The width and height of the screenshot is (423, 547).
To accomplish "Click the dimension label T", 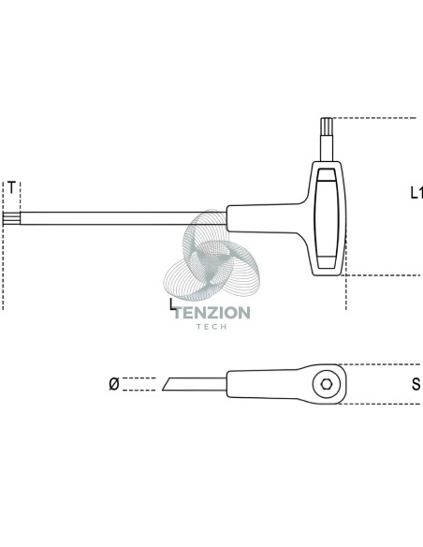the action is [x=11, y=187].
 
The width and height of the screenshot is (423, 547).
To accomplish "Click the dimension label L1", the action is [x=416, y=193].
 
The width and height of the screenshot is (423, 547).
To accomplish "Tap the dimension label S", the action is [x=416, y=384].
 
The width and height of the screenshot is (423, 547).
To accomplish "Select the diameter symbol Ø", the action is [x=114, y=384].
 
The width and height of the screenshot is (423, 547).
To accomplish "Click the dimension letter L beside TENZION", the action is [x=172, y=304].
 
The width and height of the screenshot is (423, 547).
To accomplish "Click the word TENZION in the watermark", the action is [x=212, y=313].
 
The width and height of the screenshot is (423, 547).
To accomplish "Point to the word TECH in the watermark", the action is [x=211, y=327].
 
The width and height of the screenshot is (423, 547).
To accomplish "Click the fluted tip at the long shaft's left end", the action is [x=11, y=218].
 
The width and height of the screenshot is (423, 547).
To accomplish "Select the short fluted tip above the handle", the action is [x=327, y=124].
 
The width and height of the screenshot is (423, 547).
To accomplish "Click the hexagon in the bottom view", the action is [x=326, y=384].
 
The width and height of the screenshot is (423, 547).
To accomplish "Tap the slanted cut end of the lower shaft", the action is [x=168, y=384].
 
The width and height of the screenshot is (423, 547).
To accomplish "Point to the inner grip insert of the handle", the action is [x=327, y=219].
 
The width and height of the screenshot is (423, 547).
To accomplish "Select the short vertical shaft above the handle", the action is [x=327, y=145].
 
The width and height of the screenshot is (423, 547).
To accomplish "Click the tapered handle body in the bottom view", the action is [x=286, y=384].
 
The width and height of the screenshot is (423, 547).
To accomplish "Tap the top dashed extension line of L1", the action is [x=375, y=118].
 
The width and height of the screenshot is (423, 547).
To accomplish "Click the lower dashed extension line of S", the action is [x=380, y=404].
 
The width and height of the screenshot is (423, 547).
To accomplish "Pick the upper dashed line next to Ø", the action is [x=139, y=377].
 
